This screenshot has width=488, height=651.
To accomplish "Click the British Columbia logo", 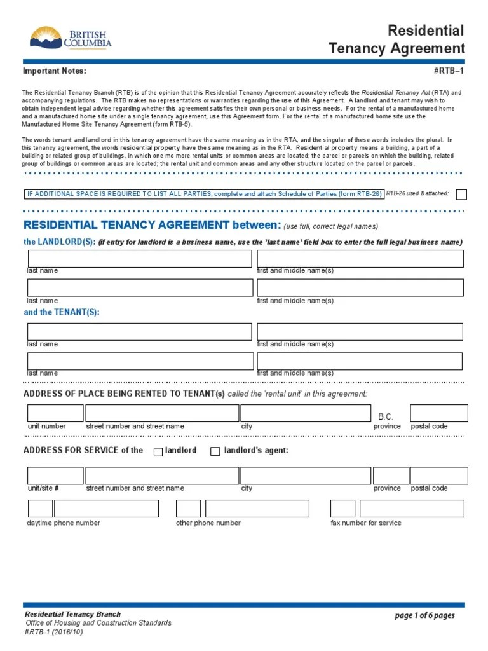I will [x=71, y=38].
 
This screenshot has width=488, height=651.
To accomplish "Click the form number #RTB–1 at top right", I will [x=449, y=71].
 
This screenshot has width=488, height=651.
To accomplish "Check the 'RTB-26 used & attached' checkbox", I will [x=462, y=195].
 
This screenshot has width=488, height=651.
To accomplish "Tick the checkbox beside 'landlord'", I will [x=158, y=451].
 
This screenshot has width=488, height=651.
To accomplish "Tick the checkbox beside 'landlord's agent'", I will [x=215, y=451].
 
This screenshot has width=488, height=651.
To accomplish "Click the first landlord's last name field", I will [x=139, y=259].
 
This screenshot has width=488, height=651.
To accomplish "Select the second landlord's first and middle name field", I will [x=360, y=287].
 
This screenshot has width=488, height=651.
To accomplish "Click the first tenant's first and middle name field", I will [x=360, y=331].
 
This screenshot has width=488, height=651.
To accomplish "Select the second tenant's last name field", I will [x=139, y=361].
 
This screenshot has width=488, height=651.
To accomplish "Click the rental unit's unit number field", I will [x=55, y=413].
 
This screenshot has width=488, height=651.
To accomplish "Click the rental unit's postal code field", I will [x=439, y=413].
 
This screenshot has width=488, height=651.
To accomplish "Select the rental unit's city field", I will [x=305, y=413].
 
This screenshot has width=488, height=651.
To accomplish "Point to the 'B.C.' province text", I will [x=386, y=416].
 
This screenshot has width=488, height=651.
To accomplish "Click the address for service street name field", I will [x=162, y=476].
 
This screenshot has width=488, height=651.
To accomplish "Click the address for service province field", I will [x=390, y=476].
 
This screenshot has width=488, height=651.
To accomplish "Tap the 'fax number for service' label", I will [x=365, y=523].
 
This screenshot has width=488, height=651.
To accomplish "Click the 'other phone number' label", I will [x=208, y=523].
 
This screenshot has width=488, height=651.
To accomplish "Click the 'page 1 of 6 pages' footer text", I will [x=424, y=615].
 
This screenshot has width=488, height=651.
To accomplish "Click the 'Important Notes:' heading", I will [x=54, y=71].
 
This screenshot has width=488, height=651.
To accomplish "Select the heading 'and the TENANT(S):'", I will [x=62, y=312].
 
